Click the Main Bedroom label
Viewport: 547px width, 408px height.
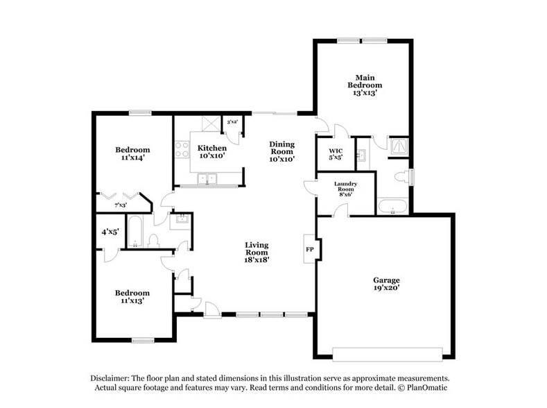(x=365, y=85)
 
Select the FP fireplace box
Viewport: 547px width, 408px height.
(x=309, y=248)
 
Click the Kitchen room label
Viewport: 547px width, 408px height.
(x=212, y=152)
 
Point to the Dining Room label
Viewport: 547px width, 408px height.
(x=282, y=151)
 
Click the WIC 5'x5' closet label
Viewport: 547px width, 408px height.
(x=336, y=153)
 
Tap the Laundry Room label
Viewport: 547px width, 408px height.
(x=345, y=189)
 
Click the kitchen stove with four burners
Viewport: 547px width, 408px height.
(x=182, y=150)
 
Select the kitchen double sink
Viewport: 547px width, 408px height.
(x=207, y=179)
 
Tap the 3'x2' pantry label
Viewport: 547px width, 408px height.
(x=232, y=122)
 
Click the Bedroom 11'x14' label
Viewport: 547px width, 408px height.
(x=132, y=153)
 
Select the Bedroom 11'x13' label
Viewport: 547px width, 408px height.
(x=132, y=297)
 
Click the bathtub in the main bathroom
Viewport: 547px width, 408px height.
(x=392, y=207)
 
